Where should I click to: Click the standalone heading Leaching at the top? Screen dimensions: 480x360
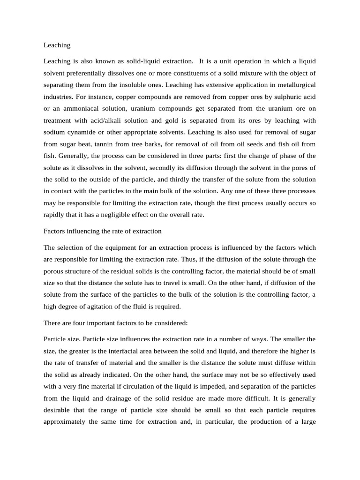57,45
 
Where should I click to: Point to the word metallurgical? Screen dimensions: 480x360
293,85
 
